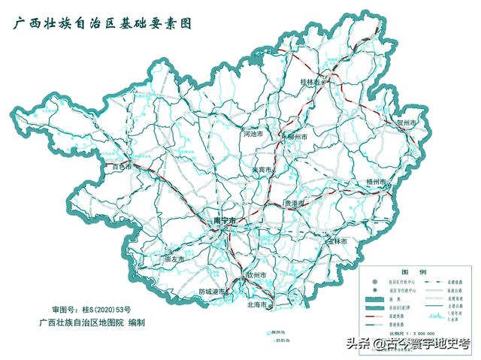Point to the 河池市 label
click(254, 134)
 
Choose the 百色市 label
click(123, 166)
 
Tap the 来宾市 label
click(265, 170)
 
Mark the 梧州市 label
click(377, 182)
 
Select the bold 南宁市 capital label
click(225, 220)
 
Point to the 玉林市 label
click(336, 242)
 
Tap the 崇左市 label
click(175, 259)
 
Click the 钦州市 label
click(256, 276)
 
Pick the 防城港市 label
click(213, 292)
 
